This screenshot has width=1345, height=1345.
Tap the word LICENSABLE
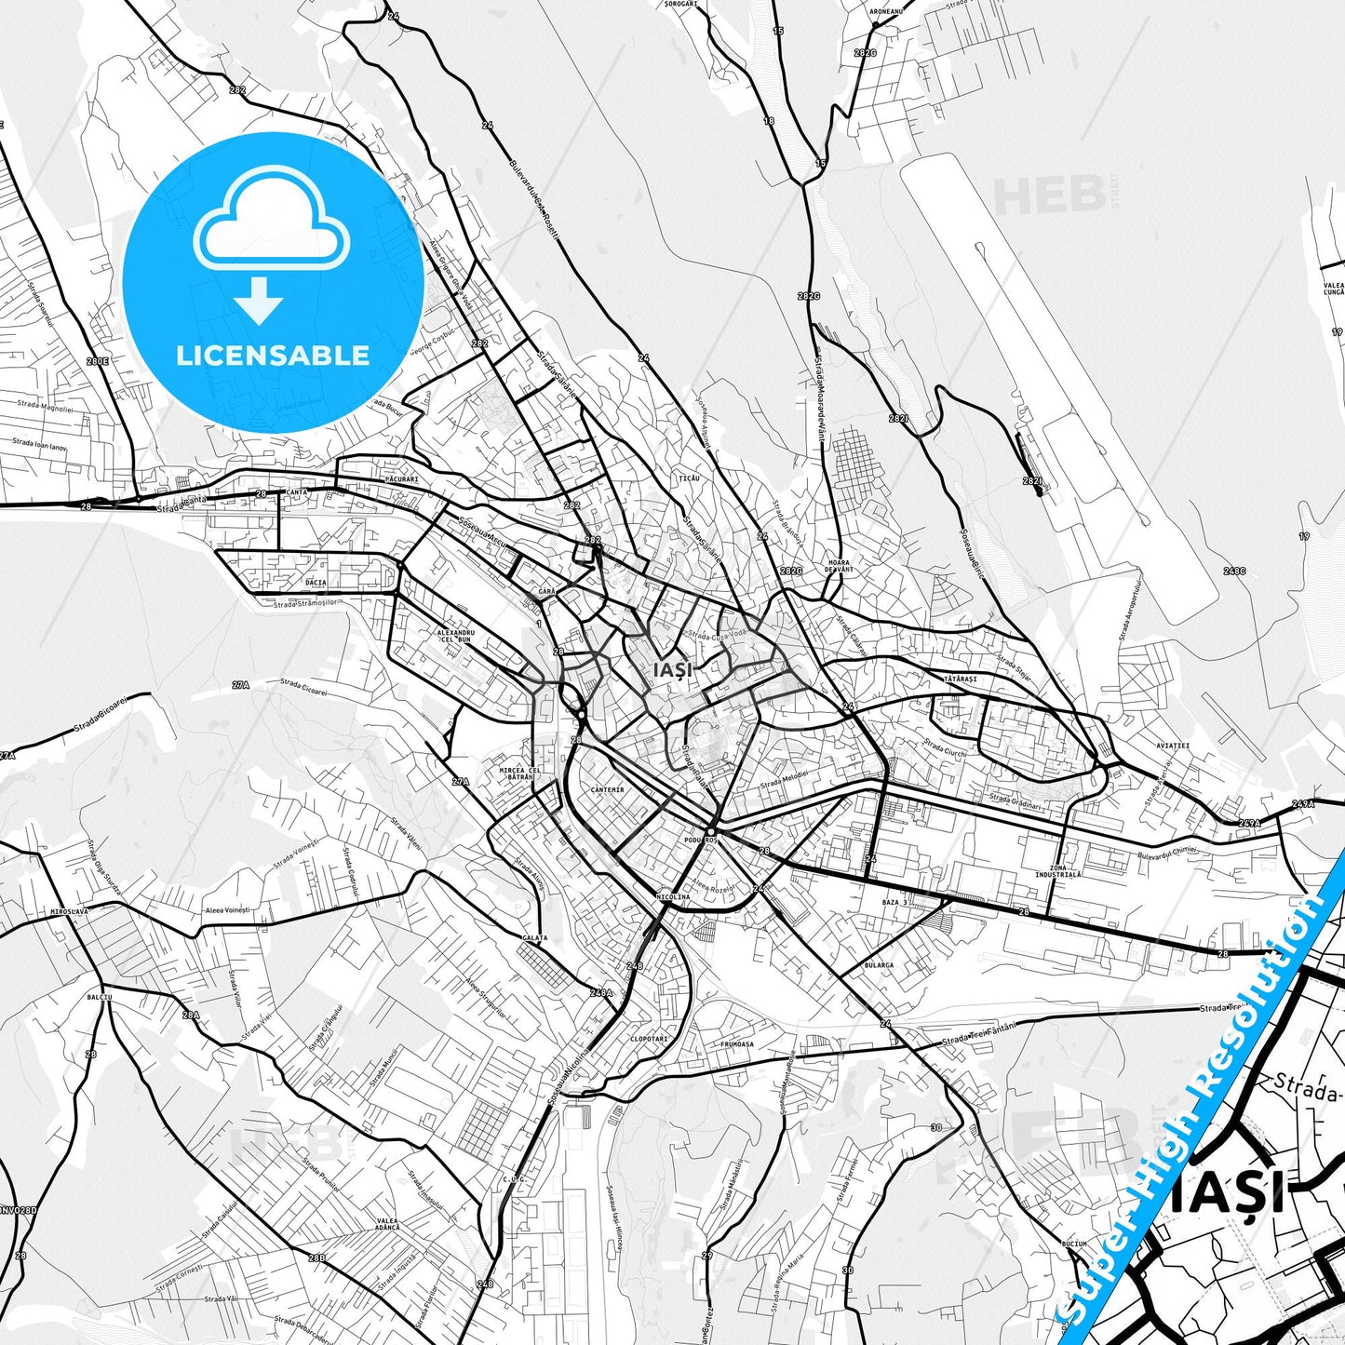(273, 355)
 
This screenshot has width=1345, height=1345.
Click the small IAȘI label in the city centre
(673, 670)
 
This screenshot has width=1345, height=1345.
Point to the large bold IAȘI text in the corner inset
(1228, 1193)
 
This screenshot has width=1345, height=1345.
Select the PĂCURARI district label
(401, 479)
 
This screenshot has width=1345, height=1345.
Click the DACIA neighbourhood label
(316, 582)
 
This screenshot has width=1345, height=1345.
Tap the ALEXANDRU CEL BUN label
(454, 637)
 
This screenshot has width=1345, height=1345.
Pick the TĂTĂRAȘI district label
(960, 679)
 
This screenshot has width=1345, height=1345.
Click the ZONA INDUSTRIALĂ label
(1058, 871)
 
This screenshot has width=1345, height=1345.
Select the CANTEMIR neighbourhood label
(607, 789)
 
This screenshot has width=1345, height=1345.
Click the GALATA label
(534, 938)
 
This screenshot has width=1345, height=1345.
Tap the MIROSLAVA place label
(70, 911)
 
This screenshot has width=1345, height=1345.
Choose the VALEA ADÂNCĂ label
(388, 1224)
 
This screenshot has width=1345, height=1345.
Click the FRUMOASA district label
(736, 1044)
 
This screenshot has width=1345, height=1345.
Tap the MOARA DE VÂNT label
(839, 566)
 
